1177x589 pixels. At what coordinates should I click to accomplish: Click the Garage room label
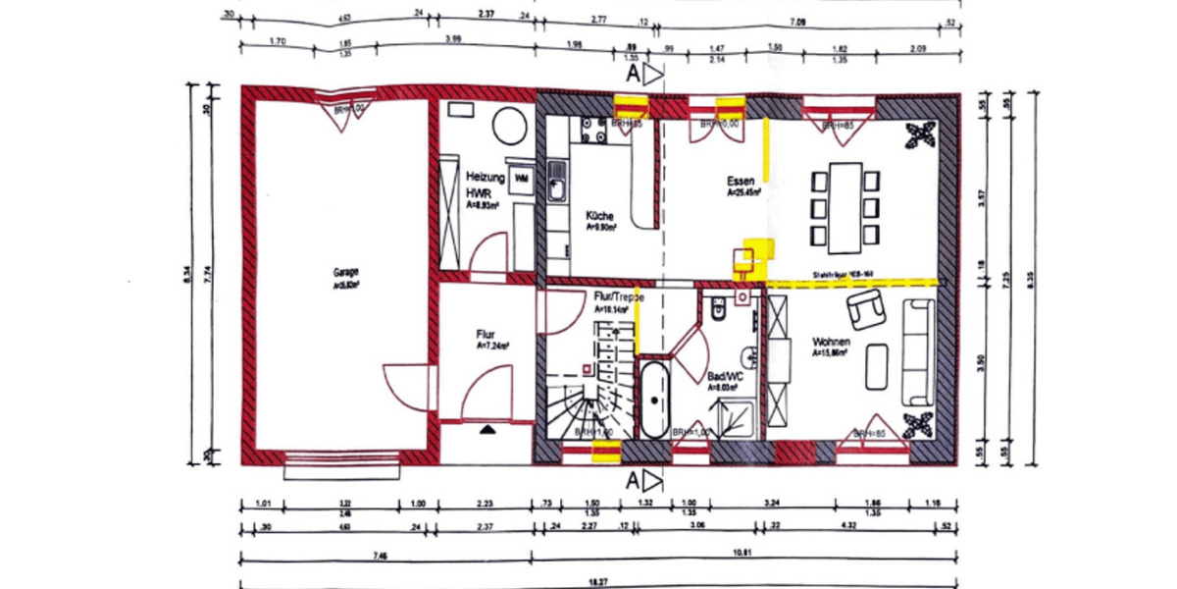point(344,271)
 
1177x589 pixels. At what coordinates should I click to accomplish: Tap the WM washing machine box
point(521,177)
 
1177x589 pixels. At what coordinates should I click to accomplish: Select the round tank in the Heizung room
point(509,127)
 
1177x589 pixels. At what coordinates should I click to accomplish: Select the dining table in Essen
point(845,208)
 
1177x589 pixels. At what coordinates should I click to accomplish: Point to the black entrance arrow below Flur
point(487,429)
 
